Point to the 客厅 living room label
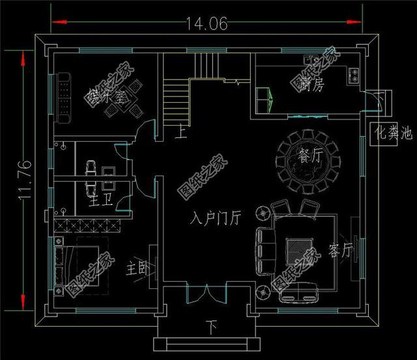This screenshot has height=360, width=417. [341, 249]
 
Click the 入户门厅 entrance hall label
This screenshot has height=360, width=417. [216, 218]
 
